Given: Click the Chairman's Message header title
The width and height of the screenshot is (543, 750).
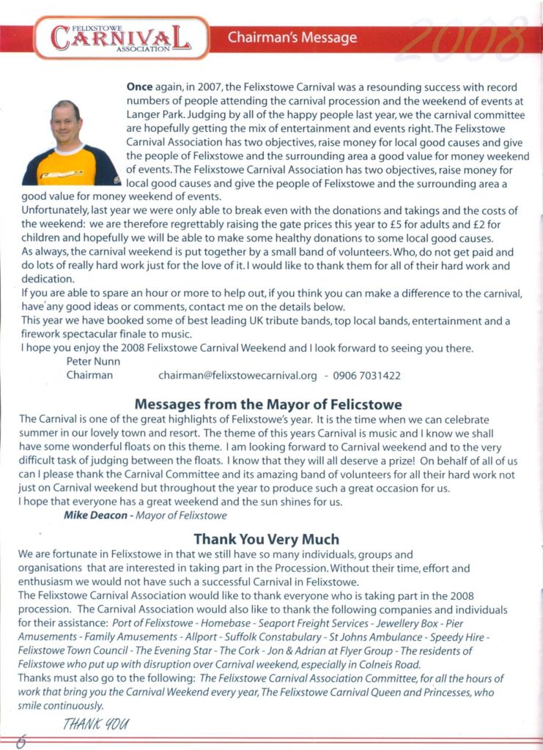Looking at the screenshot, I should pos(292,37).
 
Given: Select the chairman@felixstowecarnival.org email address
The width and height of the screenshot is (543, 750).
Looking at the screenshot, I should pos(237,375).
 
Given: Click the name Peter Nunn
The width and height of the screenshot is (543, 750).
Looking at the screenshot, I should pos(92,361).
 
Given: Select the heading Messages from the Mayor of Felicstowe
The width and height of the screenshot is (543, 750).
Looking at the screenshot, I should pos(268,403).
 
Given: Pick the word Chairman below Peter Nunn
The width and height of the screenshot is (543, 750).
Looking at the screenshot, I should pos(89,375).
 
